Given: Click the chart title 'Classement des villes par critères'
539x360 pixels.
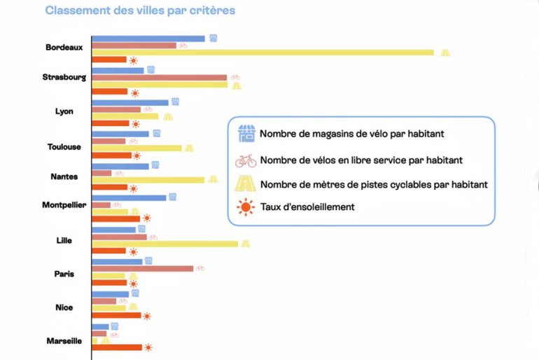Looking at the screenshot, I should point(140,11).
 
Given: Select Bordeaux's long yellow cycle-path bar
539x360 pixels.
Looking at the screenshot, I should point(262,53).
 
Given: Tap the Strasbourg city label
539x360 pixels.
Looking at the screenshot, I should point(64,77).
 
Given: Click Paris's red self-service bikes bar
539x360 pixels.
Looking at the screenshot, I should point(142,268).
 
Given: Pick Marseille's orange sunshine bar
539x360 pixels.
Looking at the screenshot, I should point(117,347).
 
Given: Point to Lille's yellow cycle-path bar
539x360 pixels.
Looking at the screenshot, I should point(164,244).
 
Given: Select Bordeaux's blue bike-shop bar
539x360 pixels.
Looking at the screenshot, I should point(148,39).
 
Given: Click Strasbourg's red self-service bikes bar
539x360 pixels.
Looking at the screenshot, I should point(160,77).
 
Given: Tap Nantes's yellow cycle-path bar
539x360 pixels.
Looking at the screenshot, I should point(148,180).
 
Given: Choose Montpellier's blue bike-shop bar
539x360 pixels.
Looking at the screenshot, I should point(129,198).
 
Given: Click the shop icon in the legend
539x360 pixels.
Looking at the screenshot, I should point(246,133).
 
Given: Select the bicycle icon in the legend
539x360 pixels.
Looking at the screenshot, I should point(246,160).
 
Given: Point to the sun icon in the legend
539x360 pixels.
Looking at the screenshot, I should point(246,207).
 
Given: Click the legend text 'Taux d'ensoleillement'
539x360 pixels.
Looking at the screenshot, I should point(307,207).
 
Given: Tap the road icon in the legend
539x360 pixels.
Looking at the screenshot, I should point(246,184).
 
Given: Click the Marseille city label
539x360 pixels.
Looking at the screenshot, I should point(64,341).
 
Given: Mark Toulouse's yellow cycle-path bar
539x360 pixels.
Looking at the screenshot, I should point(136,148).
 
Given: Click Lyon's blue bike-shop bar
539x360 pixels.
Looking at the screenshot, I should point(130,102).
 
